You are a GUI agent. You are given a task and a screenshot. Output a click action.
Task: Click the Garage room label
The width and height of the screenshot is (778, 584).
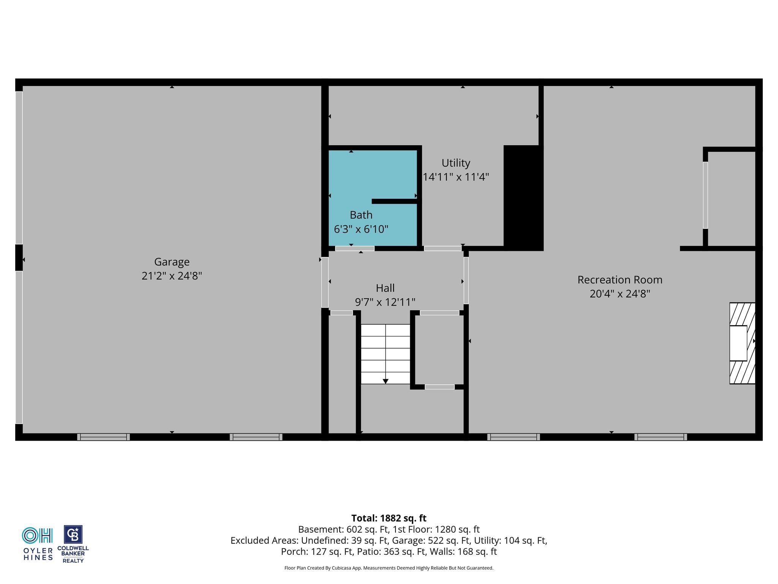point(172,262)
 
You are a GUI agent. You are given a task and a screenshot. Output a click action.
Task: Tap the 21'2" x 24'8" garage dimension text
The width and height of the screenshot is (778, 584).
point(172,276)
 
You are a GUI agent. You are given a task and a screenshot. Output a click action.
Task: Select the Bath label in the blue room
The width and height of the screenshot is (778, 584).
point(361,215)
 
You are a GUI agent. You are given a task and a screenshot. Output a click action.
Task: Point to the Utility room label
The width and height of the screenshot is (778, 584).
point(456,163)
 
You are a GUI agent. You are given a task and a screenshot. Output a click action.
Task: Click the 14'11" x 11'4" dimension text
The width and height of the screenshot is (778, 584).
point(456,177)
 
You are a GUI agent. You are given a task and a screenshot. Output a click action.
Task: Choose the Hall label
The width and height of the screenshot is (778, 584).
point(385,288)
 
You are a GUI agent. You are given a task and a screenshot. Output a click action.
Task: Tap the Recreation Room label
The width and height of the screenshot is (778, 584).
point(620,280)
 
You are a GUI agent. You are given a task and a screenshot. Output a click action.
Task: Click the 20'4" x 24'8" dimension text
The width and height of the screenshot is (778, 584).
point(620,294)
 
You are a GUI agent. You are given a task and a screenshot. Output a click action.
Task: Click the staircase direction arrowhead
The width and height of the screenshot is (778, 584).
point(386,381)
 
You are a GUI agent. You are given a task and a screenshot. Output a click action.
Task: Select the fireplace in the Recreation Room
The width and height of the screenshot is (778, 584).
point(742,343)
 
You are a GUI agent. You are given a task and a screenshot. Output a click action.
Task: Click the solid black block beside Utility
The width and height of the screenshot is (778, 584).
point(523,198)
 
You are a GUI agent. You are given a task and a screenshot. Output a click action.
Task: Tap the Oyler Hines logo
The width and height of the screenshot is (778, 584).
point(38,544)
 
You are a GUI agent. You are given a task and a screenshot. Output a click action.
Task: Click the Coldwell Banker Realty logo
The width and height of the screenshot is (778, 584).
point(73,544)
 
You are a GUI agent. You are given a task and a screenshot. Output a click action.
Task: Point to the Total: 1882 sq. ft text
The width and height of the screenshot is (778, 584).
point(389,518)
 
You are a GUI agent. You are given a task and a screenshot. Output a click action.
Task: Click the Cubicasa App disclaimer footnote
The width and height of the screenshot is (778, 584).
point(389,568)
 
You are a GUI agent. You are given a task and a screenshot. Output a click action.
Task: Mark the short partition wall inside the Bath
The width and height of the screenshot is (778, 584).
point(395,202)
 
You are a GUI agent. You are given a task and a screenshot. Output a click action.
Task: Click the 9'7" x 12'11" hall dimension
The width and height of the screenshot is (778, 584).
point(385,302)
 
